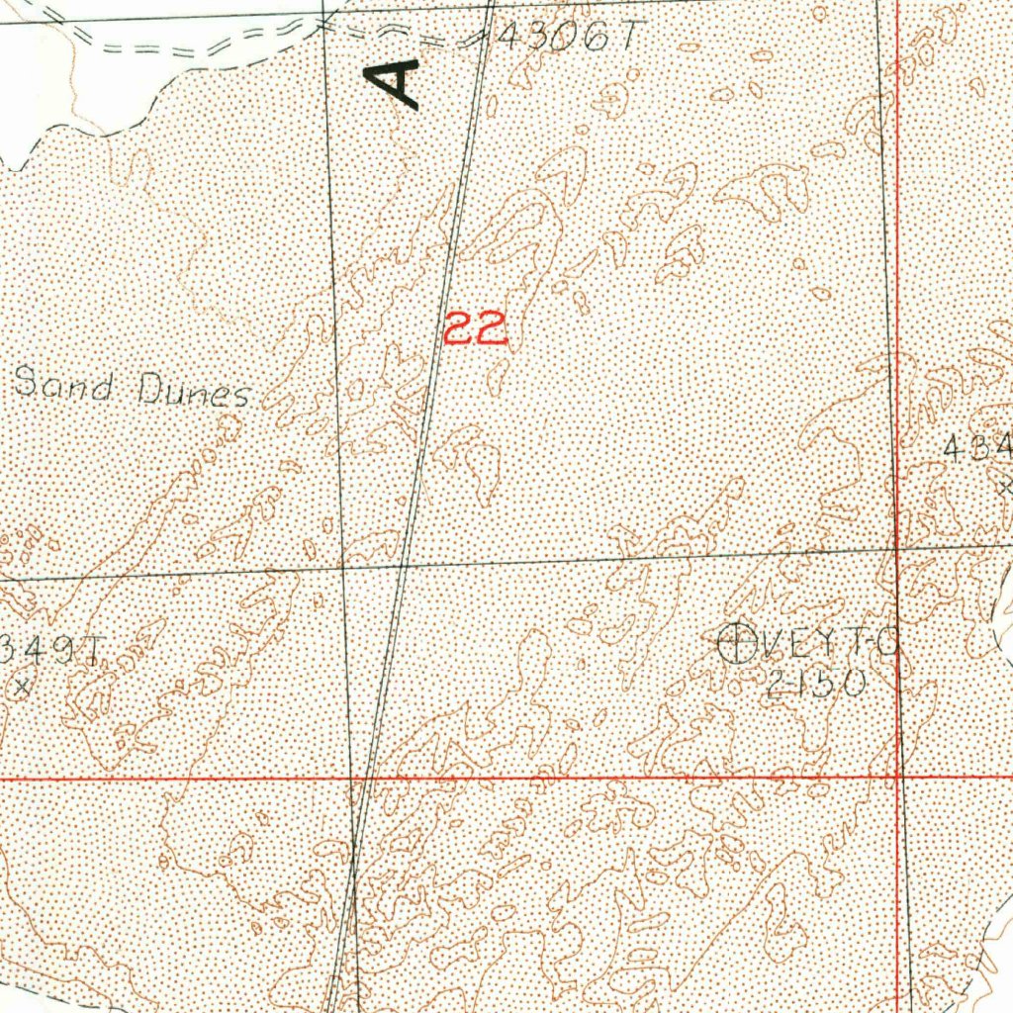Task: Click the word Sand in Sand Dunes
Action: (x=63, y=384)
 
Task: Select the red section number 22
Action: (x=476, y=328)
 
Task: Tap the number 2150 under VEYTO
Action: (x=817, y=684)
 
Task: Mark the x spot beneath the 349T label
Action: (x=22, y=684)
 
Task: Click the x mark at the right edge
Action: (x=1004, y=486)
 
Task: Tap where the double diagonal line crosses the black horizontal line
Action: (x=405, y=565)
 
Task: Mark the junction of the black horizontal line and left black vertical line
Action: (x=342, y=568)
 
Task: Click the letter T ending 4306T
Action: (x=623, y=38)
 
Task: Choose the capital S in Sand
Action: (x=25, y=381)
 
